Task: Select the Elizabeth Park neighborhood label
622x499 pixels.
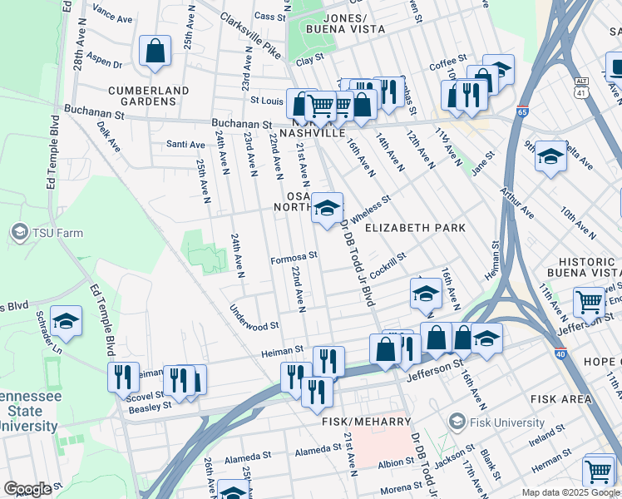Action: point(413,227)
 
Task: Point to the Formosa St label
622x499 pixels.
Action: point(294,257)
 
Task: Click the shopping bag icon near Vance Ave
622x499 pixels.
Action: point(155,52)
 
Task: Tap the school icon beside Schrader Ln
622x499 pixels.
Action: point(67,321)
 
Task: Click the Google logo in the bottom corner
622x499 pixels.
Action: point(27,488)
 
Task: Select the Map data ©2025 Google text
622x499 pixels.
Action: point(570,492)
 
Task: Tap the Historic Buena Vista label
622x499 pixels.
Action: point(584,266)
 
